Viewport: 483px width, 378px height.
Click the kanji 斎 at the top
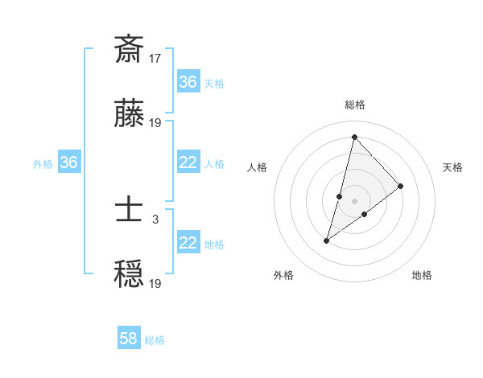point(129,49)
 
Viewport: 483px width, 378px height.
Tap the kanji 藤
point(129,115)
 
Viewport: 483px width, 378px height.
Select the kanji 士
point(129,212)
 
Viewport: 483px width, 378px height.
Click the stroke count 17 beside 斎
point(155,58)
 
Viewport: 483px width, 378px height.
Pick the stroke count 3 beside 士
point(155,219)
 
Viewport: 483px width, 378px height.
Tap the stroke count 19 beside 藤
point(155,123)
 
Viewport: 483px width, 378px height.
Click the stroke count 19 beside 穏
point(155,283)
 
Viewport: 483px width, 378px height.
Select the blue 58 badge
point(129,339)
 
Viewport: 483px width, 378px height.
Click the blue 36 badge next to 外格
point(69,162)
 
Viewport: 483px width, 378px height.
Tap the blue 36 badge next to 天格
point(188,82)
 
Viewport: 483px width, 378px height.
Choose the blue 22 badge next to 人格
point(188,162)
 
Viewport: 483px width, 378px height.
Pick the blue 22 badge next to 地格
point(188,243)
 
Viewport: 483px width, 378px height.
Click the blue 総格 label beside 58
point(155,340)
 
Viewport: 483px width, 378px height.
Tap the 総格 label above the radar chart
point(355,105)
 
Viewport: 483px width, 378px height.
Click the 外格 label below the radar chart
point(283,276)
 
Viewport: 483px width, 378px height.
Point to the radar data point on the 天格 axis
point(401,186)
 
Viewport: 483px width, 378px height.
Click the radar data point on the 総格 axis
point(354,137)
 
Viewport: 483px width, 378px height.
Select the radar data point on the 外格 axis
point(327,240)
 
